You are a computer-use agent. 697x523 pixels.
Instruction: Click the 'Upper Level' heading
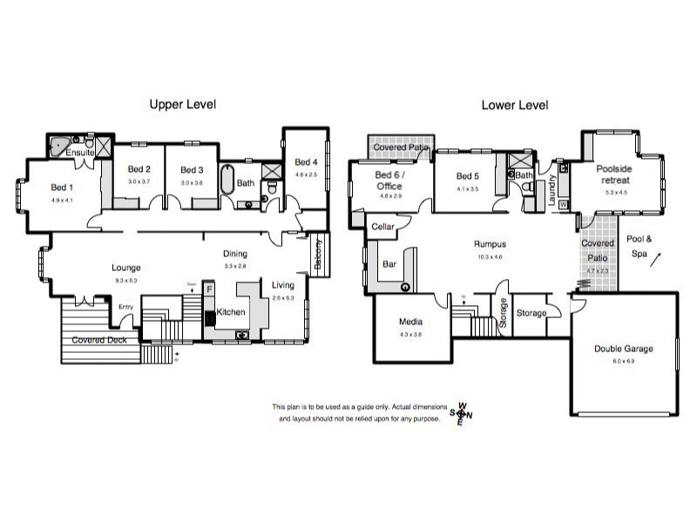pyautogui.click(x=182, y=105)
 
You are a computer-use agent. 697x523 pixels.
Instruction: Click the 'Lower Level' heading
pyautogui.click(x=515, y=105)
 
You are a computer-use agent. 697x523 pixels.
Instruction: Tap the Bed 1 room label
pyautogui.click(x=62, y=187)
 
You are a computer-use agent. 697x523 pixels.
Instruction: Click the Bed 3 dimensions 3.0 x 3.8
pyautogui.click(x=191, y=181)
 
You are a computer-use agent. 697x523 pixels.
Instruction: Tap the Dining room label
pyautogui.click(x=235, y=254)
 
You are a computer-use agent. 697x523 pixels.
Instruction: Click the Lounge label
pyautogui.click(x=125, y=268)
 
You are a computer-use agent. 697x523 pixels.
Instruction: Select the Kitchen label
pyautogui.click(x=231, y=312)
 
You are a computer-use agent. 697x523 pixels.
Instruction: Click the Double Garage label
pyautogui.click(x=624, y=349)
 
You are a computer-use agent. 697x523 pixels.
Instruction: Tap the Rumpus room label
pyautogui.click(x=491, y=245)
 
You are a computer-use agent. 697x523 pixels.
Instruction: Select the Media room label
pyautogui.click(x=410, y=321)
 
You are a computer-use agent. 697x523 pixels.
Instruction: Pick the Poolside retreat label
pyautogui.click(x=613, y=174)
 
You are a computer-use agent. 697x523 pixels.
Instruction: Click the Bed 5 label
pyautogui.click(x=468, y=176)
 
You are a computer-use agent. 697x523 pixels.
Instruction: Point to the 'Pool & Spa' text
pyautogui.click(x=639, y=245)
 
